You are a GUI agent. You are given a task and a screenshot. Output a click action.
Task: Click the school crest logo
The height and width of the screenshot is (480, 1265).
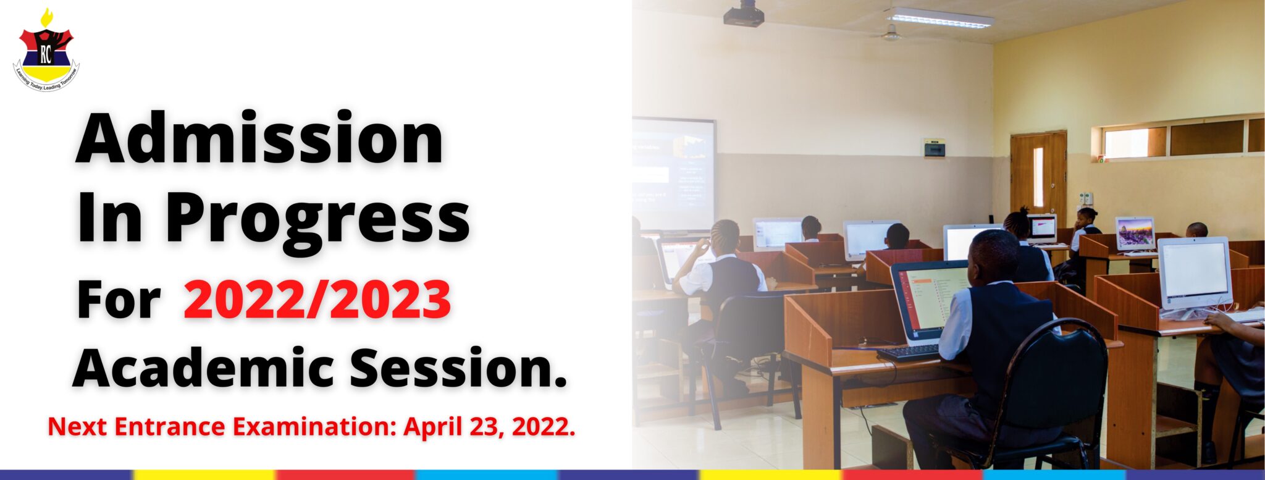click(46, 51)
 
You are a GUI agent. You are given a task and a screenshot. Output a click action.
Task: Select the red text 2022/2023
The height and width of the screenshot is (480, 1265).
click(317, 300)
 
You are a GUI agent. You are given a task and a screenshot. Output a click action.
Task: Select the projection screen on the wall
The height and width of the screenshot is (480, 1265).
click(673, 175)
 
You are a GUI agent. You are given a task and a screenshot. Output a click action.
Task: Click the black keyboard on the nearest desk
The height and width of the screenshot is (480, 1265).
click(909, 353)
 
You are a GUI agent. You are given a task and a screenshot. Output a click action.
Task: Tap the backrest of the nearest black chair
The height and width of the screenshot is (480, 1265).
click(1057, 377)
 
